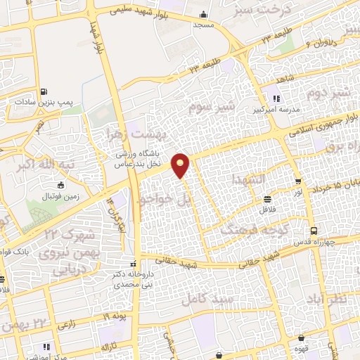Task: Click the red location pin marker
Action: pyautogui.click(x=181, y=165)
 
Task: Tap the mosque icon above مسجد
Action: pyautogui.click(x=204, y=15)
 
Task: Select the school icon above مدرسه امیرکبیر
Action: pyautogui.click(x=277, y=99)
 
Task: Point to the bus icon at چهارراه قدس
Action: pyautogui.click(x=314, y=230)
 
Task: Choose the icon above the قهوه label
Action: pyautogui.click(x=302, y=338)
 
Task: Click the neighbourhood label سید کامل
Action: pyautogui.click(x=204, y=297)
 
